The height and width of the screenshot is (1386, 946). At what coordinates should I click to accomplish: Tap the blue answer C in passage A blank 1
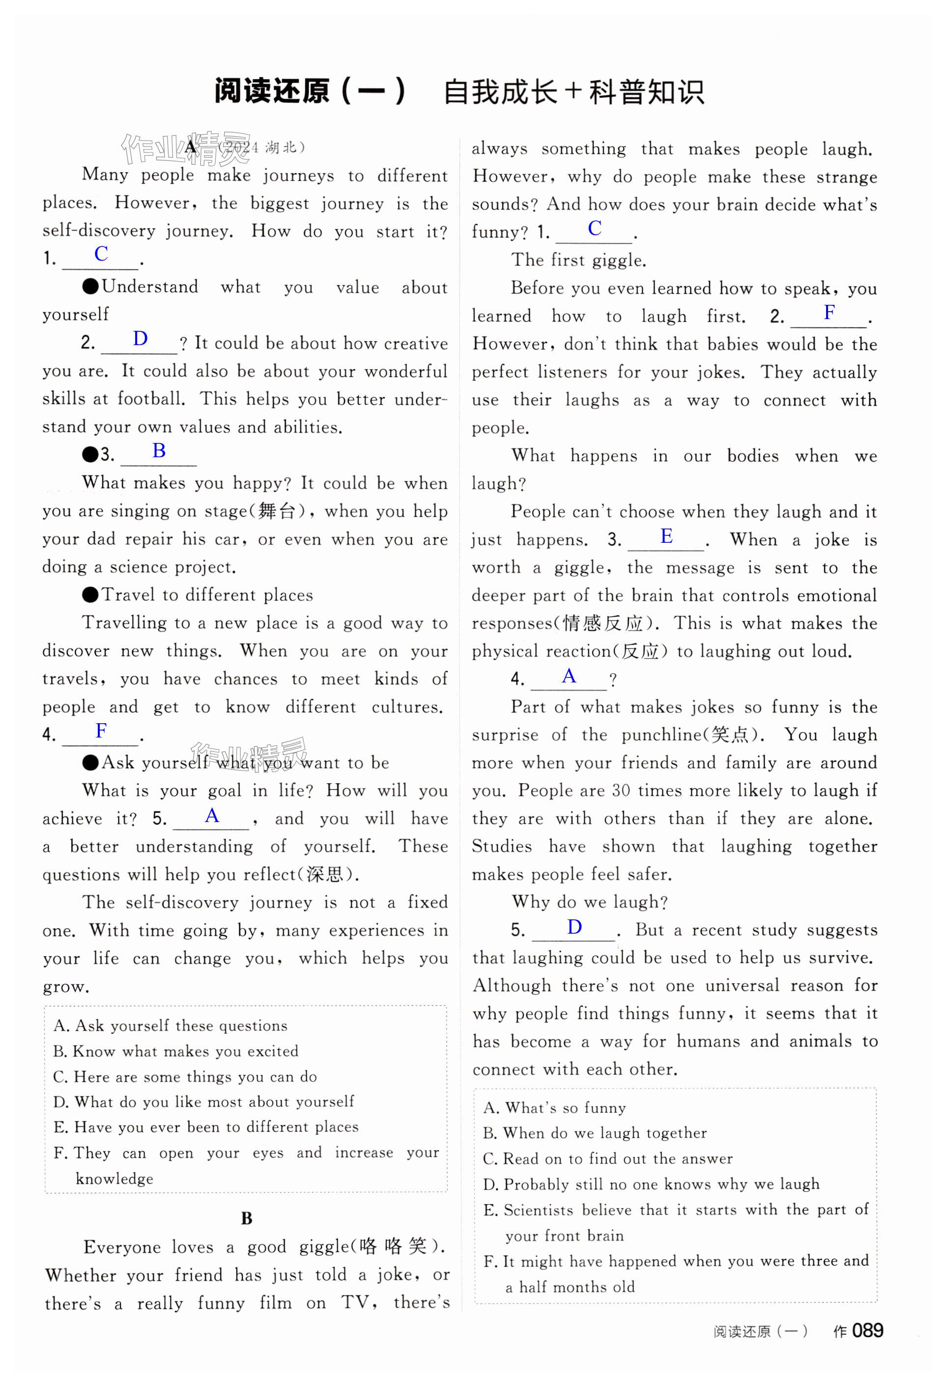(101, 254)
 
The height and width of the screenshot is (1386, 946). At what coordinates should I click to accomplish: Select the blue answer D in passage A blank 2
(140, 339)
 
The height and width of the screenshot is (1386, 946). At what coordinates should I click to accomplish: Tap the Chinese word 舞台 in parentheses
(277, 511)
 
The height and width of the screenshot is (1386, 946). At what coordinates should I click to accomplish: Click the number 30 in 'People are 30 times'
(621, 790)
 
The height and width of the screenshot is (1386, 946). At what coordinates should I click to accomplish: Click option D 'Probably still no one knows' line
(651, 1184)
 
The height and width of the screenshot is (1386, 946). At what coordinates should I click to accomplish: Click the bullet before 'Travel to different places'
(90, 594)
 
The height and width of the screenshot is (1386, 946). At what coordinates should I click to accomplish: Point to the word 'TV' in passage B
(354, 1302)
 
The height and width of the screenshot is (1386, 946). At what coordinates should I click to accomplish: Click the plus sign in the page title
(573, 92)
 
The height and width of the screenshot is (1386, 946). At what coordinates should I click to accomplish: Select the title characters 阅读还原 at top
(272, 92)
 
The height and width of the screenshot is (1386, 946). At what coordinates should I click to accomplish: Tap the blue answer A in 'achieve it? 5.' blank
(212, 815)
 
